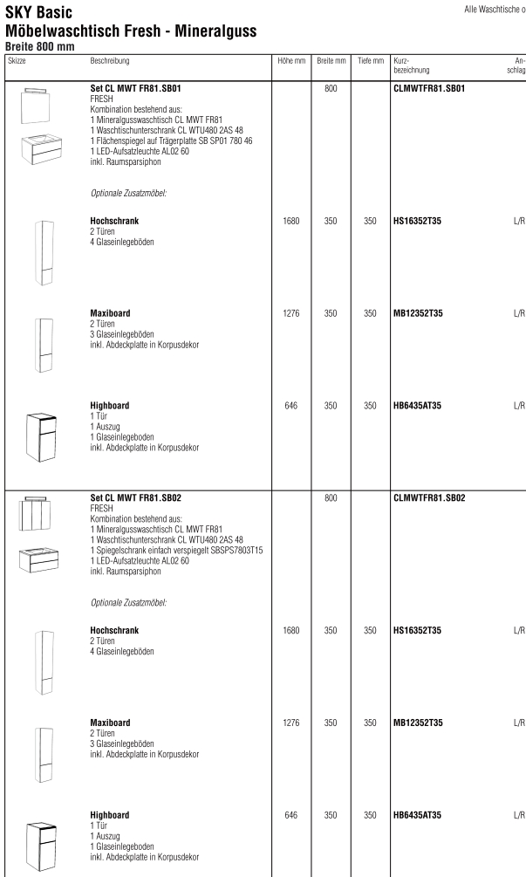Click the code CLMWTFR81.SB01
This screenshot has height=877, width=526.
pyautogui.click(x=433, y=89)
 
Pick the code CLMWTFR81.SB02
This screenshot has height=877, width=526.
pyautogui.click(x=433, y=498)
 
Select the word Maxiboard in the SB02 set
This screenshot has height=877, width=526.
pyautogui.click(x=110, y=723)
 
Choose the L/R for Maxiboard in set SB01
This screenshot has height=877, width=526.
pyautogui.click(x=518, y=313)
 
